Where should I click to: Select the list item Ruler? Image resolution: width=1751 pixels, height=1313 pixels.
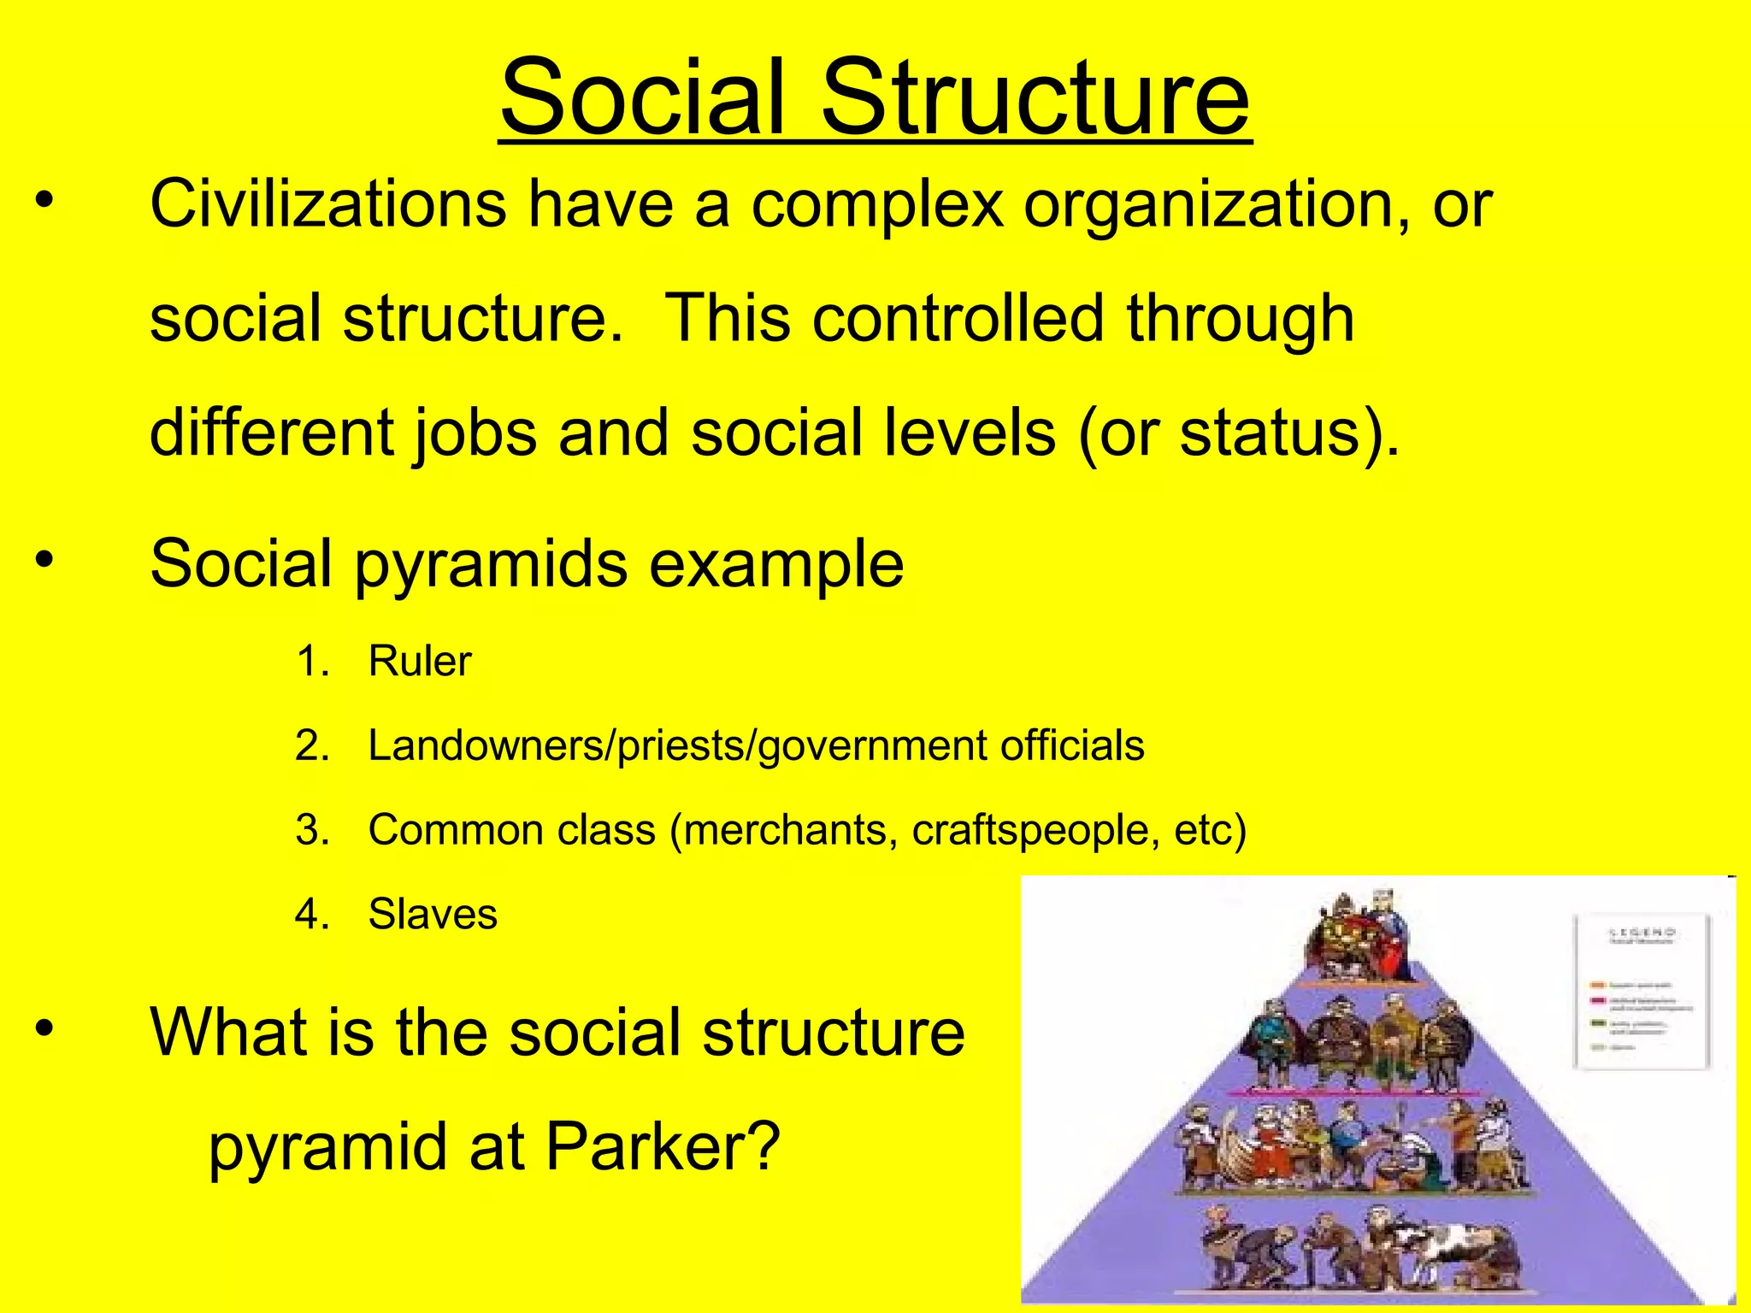[419, 661]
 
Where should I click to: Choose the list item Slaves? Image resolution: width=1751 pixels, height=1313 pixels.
[433, 914]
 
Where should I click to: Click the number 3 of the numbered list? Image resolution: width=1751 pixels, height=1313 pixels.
[311, 829]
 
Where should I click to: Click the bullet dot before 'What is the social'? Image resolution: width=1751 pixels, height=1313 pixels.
[44, 1029]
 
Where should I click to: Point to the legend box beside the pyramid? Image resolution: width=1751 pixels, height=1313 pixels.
[1641, 992]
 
